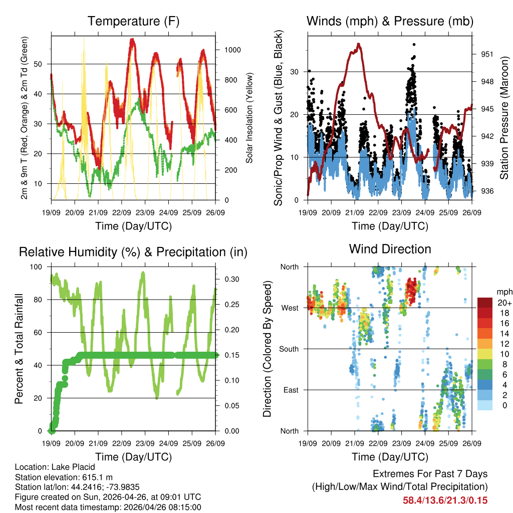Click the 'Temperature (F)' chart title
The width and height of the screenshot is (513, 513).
[x=133, y=21]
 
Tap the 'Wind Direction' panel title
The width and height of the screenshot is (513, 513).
[x=390, y=248]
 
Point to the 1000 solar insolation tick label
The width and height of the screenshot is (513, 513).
[x=233, y=50]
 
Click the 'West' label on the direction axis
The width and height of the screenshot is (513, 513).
[x=290, y=308]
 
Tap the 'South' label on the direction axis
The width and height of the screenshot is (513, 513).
[x=289, y=349]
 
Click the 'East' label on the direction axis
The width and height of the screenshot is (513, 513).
[x=291, y=390]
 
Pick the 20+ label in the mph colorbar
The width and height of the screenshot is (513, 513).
[x=503, y=303]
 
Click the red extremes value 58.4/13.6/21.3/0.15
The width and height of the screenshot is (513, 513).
[x=445, y=500]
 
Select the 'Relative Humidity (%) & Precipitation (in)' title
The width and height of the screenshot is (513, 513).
[x=133, y=252]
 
